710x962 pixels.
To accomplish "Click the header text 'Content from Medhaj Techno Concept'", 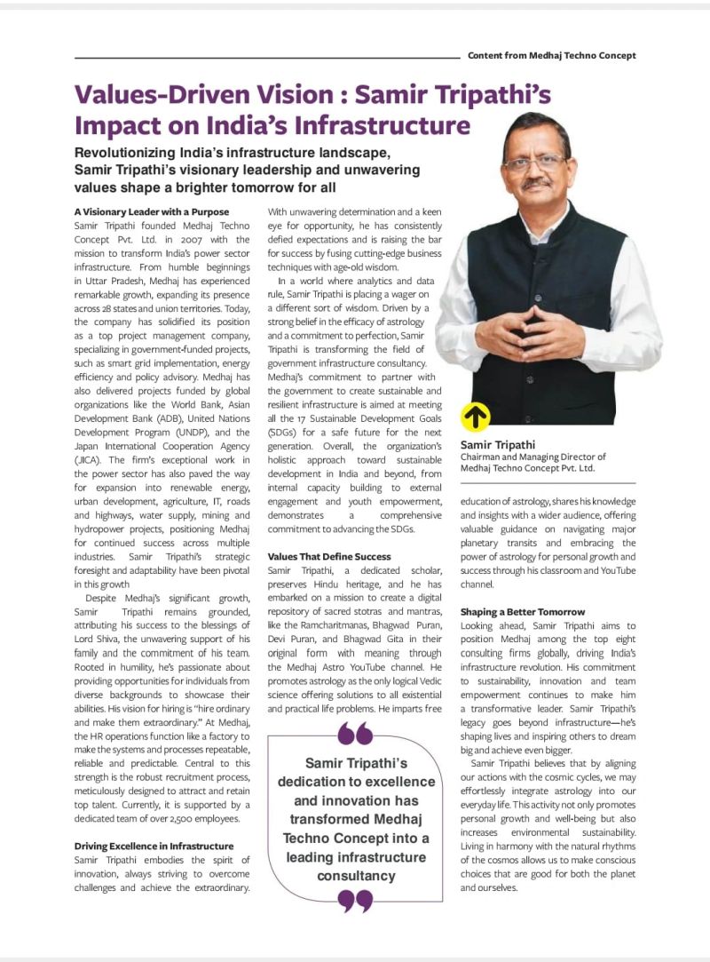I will click(x=551, y=55).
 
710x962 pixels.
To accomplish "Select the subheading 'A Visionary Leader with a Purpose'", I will click(x=152, y=211).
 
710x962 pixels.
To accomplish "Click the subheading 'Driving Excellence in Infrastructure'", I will click(x=154, y=846).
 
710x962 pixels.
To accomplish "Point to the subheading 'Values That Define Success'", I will click(x=328, y=556).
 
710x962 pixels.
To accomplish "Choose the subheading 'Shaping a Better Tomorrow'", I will click(x=523, y=612).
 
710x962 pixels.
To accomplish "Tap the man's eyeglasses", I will click(x=535, y=163).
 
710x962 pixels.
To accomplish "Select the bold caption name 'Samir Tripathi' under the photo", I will click(x=498, y=444).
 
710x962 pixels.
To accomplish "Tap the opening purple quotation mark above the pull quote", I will click(x=355, y=735).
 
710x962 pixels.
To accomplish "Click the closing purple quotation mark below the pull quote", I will click(x=355, y=900).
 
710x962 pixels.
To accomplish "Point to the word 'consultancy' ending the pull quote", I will click(x=356, y=876).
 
